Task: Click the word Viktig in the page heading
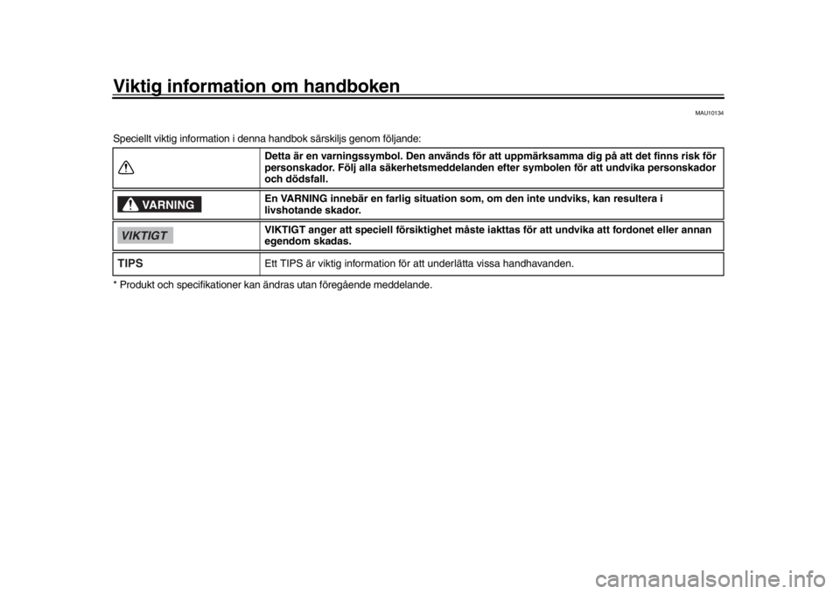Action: (137, 87)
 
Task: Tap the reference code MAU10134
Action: (710, 113)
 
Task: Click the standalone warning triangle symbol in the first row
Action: (126, 168)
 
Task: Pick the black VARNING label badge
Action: (159, 205)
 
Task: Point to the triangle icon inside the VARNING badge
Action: (130, 204)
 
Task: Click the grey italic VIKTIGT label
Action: (145, 235)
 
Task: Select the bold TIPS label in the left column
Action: (130, 263)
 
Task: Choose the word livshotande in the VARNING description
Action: (290, 210)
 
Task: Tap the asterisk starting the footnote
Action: (115, 283)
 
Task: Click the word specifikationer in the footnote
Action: (208, 285)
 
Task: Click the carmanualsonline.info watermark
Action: (710, 579)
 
